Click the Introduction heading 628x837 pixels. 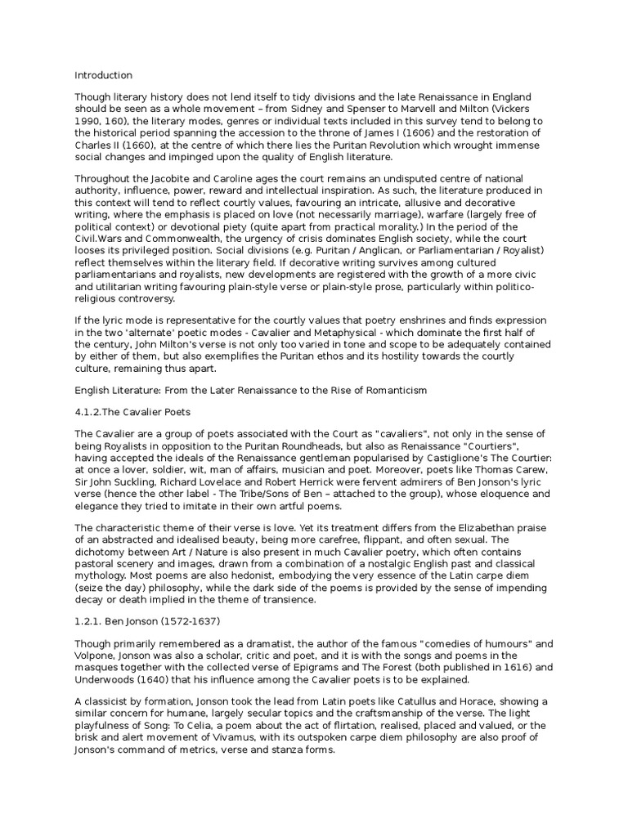[103, 75]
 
